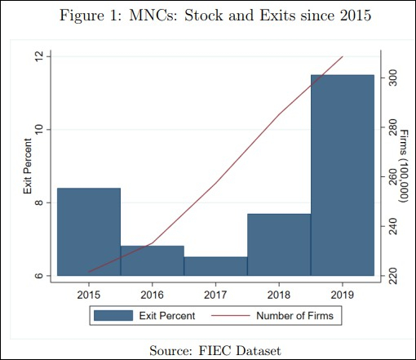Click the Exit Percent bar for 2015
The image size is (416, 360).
click(89, 232)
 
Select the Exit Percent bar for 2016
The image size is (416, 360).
click(153, 260)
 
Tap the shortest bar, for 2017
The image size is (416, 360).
click(215, 266)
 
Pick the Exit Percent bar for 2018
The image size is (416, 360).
click(279, 245)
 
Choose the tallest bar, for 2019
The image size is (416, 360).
click(343, 176)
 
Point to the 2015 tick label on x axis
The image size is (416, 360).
click(89, 291)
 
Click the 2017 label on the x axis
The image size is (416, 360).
click(215, 291)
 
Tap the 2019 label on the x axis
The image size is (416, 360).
click(343, 291)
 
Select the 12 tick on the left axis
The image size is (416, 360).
click(38, 56)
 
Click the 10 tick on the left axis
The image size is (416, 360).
click(38, 129)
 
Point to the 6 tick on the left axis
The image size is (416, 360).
click(38, 276)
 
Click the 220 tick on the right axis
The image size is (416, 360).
click(392, 276)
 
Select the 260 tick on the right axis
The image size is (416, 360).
click(392, 176)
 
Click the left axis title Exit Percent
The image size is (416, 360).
click(26, 167)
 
